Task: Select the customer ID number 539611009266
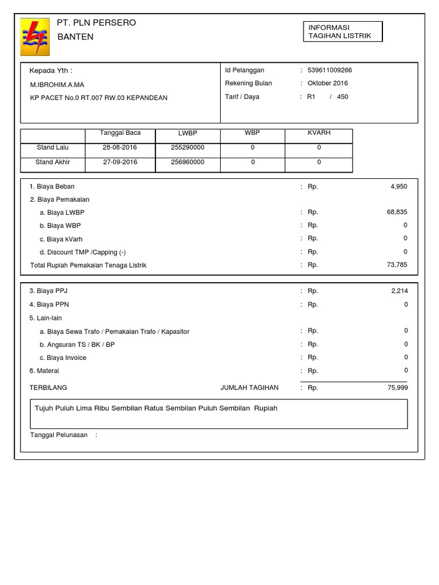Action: click(330, 70)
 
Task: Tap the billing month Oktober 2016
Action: click(328, 83)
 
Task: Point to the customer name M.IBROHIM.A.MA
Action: click(57, 85)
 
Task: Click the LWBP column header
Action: click(187, 133)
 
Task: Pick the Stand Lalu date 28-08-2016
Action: click(119, 147)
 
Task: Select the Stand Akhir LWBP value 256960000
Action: click(187, 162)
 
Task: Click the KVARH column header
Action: click(319, 133)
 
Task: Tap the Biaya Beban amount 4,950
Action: click(398, 186)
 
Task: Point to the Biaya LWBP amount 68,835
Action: click(397, 212)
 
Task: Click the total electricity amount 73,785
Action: click(397, 265)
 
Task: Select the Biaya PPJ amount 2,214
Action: click(399, 291)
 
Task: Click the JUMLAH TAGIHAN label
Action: click(249, 387)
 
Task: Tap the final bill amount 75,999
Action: click(397, 387)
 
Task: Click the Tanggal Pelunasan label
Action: click(58, 435)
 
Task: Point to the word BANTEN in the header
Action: click(75, 37)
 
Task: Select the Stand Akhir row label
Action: click(53, 162)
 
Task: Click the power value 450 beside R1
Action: click(342, 97)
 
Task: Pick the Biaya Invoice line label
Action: click(63, 358)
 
